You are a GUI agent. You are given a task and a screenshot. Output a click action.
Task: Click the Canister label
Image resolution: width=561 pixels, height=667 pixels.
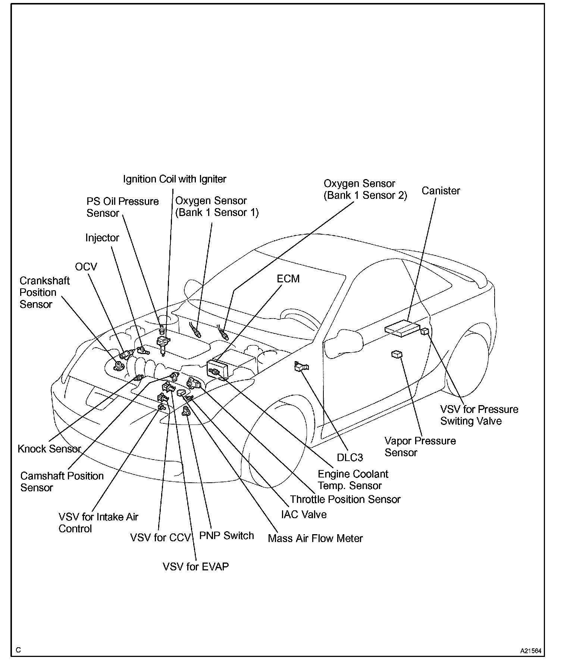441,191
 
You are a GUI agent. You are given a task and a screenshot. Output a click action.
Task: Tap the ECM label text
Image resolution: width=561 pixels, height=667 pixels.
288,279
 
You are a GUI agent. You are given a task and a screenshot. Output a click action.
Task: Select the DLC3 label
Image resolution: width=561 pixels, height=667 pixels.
350,457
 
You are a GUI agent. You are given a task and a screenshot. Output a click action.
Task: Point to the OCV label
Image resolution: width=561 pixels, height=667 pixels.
86,267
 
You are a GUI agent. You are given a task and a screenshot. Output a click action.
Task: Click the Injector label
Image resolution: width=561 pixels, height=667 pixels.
102,238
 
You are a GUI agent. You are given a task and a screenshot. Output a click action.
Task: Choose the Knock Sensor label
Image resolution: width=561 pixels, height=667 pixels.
49,449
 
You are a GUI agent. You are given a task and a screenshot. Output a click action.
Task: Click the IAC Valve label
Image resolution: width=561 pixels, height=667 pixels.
304,514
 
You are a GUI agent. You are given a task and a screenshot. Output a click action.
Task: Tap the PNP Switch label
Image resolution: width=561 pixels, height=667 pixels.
226,536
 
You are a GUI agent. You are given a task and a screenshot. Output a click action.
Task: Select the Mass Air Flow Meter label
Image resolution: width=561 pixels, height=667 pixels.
315,538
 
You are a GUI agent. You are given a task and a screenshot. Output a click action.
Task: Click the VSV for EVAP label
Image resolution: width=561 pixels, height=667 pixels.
195,567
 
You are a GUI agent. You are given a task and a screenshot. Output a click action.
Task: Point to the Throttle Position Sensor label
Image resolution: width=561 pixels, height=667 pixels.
345,499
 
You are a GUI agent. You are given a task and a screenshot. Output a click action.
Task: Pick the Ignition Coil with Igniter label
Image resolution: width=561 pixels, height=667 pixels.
175,179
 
